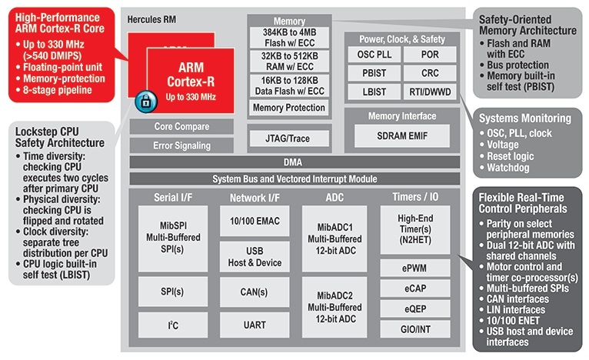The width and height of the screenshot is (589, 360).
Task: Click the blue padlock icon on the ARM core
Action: (145, 100)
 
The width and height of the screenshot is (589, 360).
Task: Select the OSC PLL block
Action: (376, 54)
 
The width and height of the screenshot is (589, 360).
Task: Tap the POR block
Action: (431, 54)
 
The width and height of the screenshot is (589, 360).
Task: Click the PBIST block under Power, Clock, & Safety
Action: (376, 73)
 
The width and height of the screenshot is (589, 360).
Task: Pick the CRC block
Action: (431, 73)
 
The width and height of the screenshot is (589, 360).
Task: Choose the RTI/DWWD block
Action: (431, 92)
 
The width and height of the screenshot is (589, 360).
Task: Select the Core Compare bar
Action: (170, 126)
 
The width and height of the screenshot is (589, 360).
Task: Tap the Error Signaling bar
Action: (170, 145)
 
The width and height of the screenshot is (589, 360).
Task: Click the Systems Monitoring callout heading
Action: (525, 118)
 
